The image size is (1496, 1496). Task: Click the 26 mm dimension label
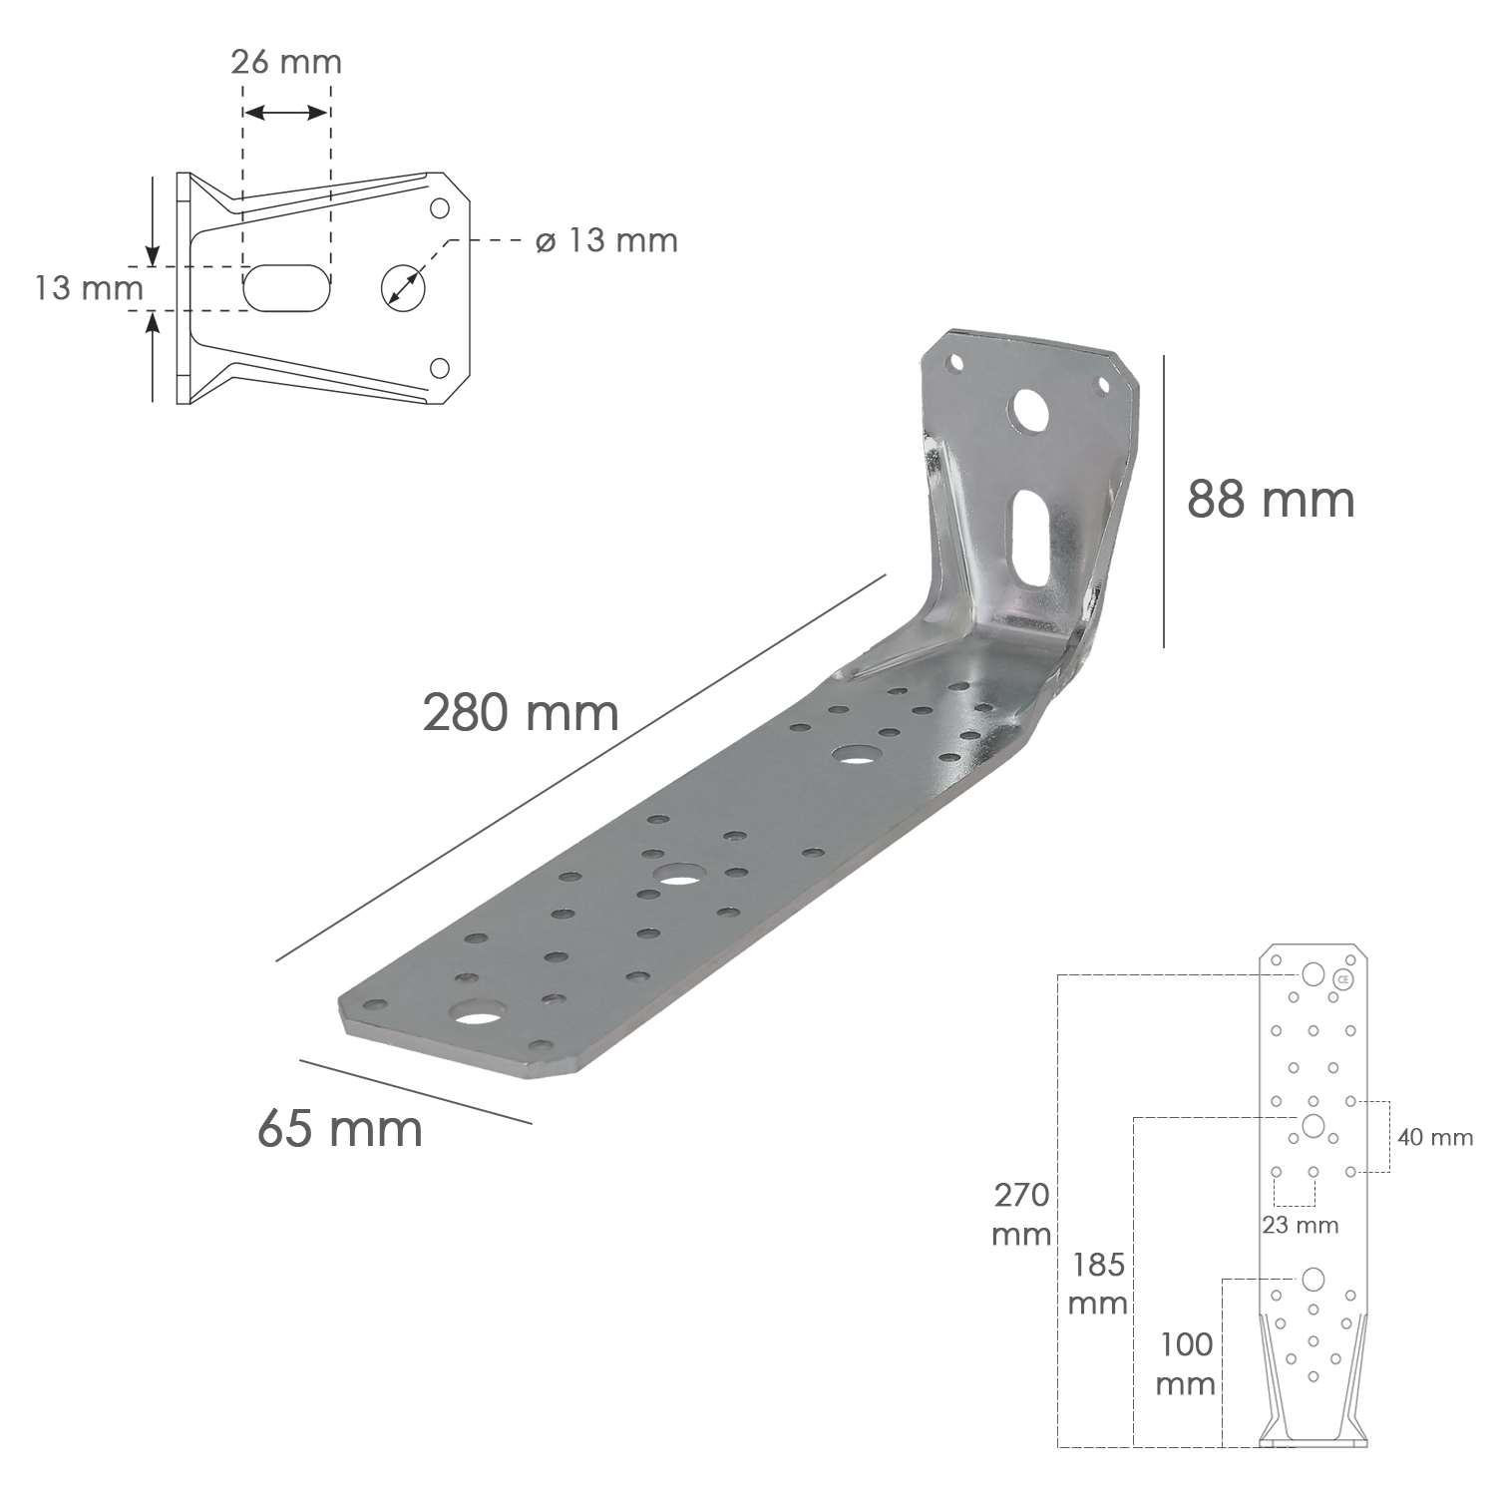[x=285, y=62]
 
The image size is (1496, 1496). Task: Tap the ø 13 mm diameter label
[x=606, y=240]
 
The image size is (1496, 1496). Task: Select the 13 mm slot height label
[x=89, y=288]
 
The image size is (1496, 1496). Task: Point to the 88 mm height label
[x=1271, y=499]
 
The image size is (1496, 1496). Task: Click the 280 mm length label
[x=521, y=713]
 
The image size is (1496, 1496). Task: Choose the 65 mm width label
[x=340, y=1128]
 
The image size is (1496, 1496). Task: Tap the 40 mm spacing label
[x=1434, y=1137]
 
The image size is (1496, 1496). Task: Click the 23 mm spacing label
[x=1300, y=1225]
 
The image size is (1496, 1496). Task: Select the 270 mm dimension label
[x=1021, y=1214]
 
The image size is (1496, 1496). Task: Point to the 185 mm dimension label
[x=1098, y=1284]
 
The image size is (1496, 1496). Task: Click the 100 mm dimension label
[x=1186, y=1363]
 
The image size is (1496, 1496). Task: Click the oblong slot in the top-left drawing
[x=286, y=287]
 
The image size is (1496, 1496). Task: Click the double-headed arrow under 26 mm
[x=286, y=112]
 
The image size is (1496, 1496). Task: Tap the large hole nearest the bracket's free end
[x=477, y=1017]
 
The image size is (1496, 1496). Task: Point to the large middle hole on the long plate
[x=678, y=880]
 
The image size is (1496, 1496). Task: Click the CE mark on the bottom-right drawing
[x=1343, y=979]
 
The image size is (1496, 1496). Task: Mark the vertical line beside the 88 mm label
[x=1164, y=502]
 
